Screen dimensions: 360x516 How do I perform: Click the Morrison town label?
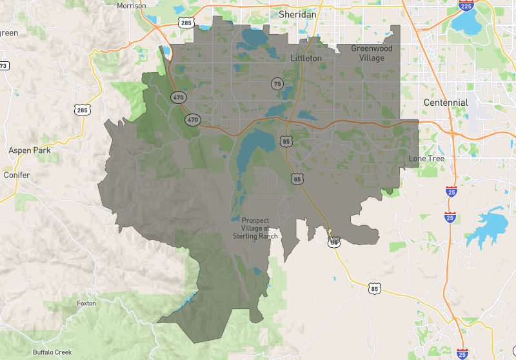coord(132,6)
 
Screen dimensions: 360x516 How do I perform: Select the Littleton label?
coord(306,58)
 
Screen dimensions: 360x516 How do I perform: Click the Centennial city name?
coord(446,103)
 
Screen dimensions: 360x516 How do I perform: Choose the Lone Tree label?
coord(426,158)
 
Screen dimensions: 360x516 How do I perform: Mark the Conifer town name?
coord(17,175)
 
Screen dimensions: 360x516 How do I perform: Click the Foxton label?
coord(86,303)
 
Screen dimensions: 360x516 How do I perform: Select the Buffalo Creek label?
coord(52,352)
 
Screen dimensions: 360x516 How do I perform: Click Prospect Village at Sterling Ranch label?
coord(255,228)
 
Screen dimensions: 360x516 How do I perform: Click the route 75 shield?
coord(277,84)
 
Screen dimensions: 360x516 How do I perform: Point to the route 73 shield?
coord(3,65)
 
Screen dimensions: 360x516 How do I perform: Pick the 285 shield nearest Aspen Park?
coord(82,110)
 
